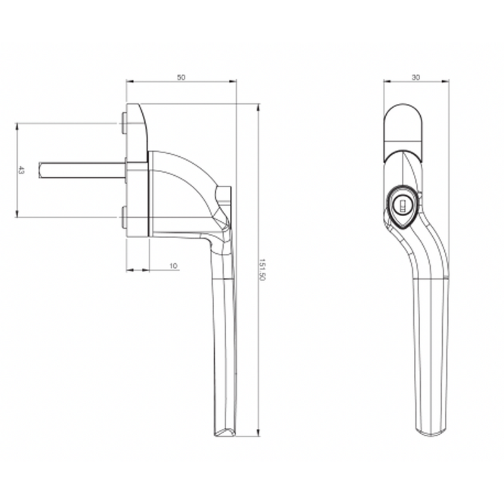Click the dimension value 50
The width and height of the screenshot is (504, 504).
click(x=181, y=77)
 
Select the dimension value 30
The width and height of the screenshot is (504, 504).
click(x=416, y=77)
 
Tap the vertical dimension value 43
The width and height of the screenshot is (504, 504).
click(x=21, y=171)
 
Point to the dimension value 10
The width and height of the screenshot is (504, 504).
click(x=173, y=266)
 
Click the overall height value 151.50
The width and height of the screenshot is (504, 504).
click(x=263, y=270)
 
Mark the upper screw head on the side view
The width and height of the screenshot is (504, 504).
click(x=122, y=123)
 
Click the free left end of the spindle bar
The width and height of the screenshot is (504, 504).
click(x=40, y=171)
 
